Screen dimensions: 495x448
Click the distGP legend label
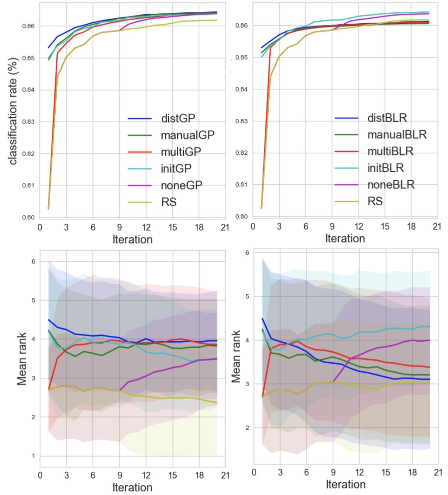[178, 118]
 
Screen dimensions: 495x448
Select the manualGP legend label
[188, 135]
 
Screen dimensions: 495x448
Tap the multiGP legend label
[181, 152]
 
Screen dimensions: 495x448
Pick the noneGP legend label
[182, 185]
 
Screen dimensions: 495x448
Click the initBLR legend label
[385, 167]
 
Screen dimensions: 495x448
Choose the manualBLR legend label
[397, 134]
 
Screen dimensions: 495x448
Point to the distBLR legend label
[387, 118]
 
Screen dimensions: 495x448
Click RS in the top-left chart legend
[169, 202]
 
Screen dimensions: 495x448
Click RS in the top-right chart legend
[375, 201]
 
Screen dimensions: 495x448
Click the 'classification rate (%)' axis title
[13, 111]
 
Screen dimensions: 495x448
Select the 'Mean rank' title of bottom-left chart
[22, 359]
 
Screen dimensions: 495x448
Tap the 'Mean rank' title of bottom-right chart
[236, 356]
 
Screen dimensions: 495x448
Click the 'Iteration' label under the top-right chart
[345, 238]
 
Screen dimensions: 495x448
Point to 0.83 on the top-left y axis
[29, 122]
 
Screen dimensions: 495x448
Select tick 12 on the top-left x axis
[146, 227]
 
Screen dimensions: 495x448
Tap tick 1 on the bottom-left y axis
[34, 456]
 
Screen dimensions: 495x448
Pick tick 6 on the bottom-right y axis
[247, 253]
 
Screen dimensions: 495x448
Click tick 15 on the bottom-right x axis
[386, 472]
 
